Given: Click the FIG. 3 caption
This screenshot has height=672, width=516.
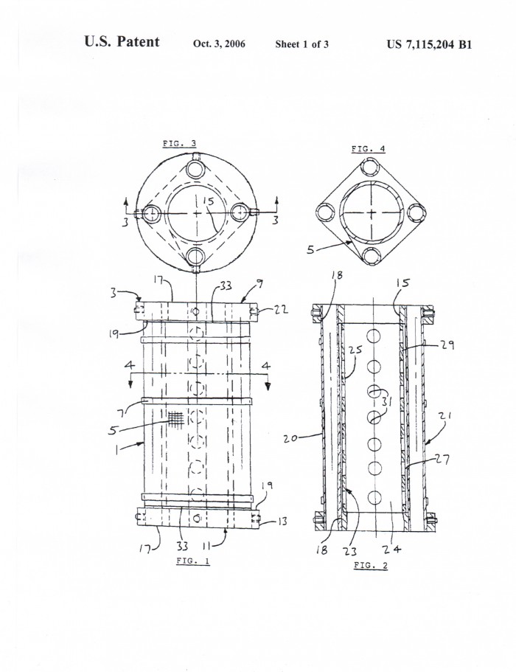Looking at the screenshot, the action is [179, 144].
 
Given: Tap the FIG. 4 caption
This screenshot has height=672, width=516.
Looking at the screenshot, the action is [369, 149].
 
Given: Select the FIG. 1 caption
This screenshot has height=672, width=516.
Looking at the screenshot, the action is [192, 561].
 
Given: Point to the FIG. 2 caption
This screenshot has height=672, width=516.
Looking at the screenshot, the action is [370, 565].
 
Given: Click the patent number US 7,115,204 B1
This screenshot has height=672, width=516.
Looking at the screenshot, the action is [429, 44].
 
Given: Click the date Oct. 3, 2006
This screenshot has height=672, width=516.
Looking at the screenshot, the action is [219, 44].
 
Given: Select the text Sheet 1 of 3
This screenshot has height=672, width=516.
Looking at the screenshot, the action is [302, 44].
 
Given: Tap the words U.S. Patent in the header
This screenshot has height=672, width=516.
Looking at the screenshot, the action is [122, 41].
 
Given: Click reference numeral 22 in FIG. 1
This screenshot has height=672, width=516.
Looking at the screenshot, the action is [281, 309].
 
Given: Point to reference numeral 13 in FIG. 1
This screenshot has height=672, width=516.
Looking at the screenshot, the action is [282, 522].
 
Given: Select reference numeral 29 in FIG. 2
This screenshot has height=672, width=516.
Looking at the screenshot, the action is [447, 344].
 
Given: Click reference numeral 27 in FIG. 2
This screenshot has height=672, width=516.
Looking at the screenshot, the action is [443, 459].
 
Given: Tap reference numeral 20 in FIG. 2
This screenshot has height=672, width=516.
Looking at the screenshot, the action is [290, 439].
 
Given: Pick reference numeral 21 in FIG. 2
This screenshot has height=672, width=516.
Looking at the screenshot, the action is [445, 415].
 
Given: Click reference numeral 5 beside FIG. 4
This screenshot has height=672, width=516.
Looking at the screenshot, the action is [311, 249].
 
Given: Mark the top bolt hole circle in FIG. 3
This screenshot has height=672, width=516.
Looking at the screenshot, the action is [197, 168].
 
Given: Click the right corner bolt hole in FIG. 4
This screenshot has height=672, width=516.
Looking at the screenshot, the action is [416, 212].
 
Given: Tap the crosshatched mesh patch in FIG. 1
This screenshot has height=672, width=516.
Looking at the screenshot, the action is [175, 419].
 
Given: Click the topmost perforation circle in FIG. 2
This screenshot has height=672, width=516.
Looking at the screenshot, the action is [374, 336].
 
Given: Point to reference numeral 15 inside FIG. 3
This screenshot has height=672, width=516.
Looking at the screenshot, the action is [208, 201].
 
